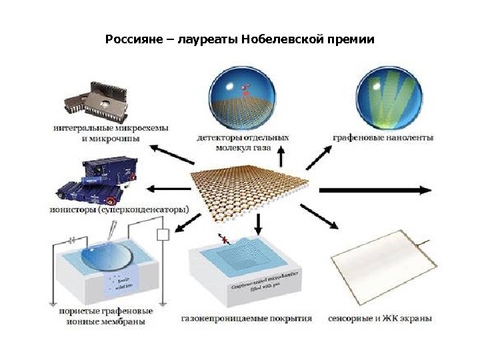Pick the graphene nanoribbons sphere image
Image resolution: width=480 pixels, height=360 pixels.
383,97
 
